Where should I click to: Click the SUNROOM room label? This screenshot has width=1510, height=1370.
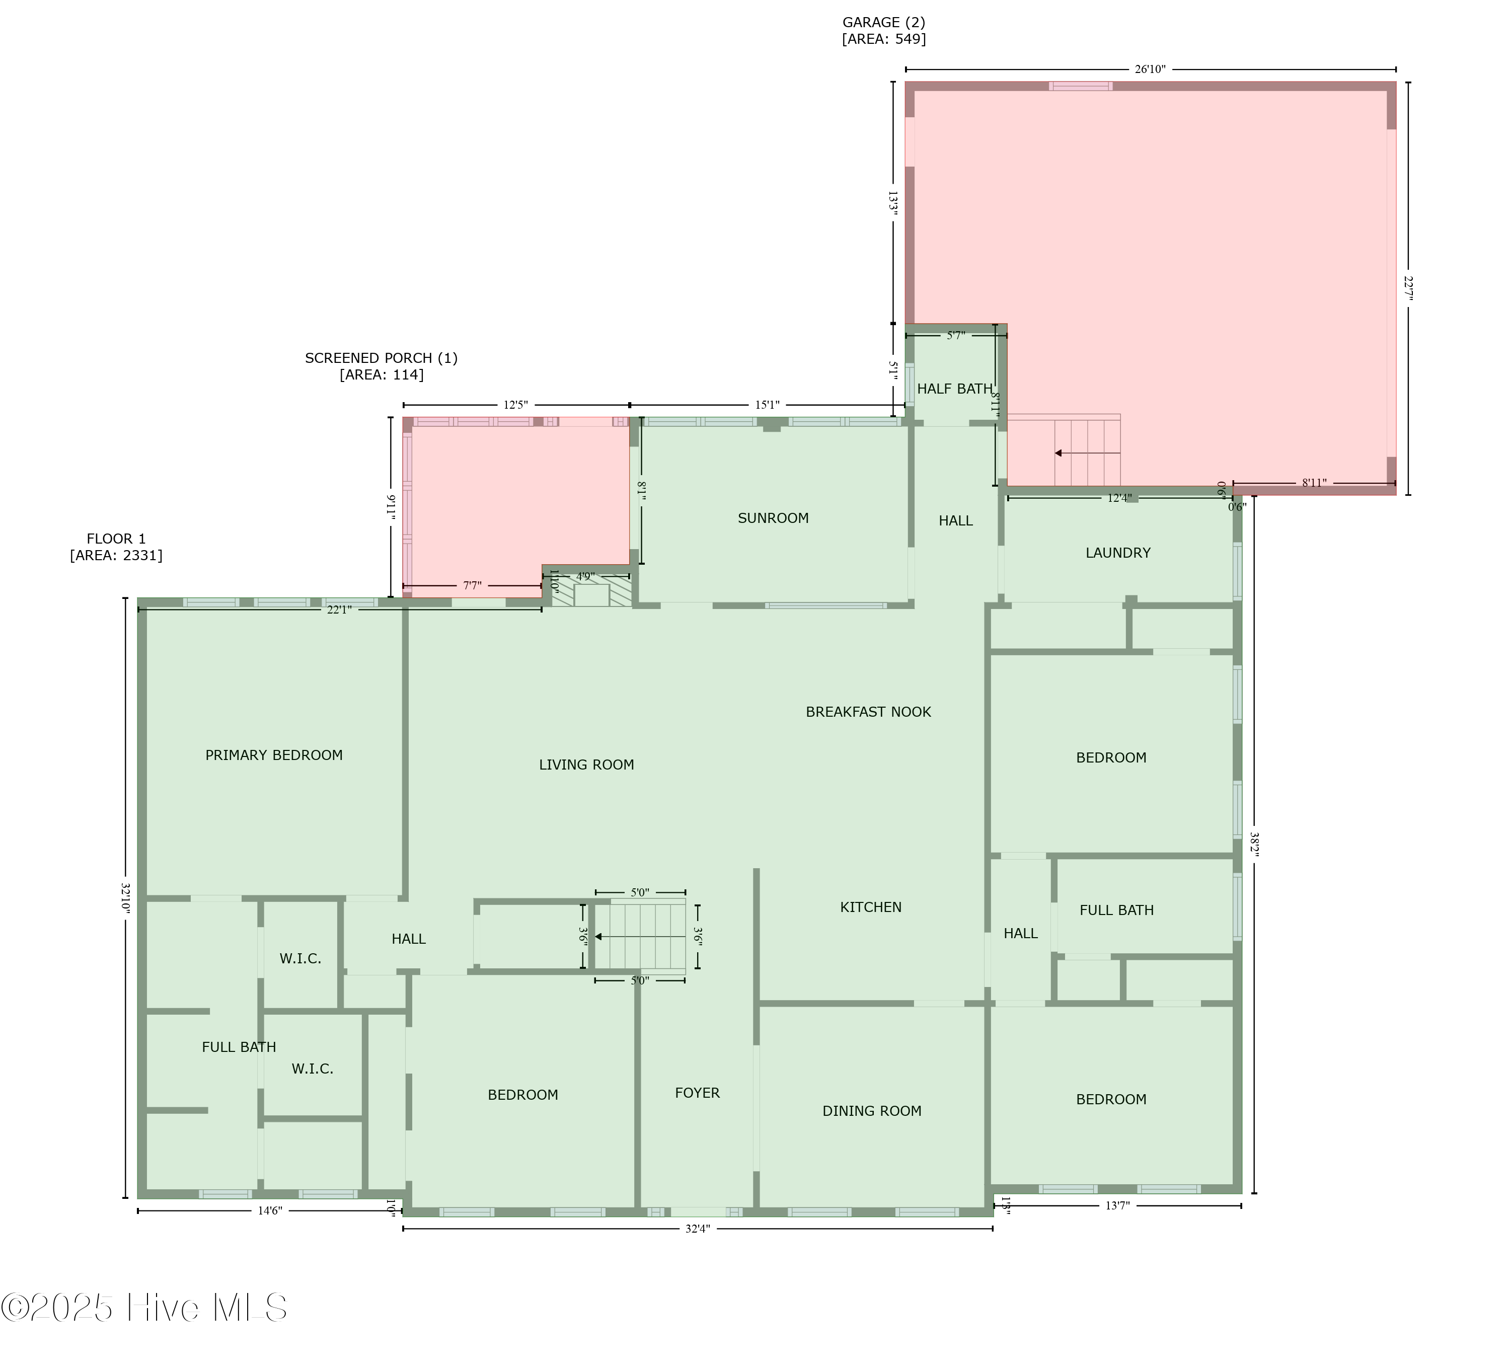(773, 518)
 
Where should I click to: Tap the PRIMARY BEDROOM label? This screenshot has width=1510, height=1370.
(274, 755)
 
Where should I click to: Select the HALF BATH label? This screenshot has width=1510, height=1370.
(954, 389)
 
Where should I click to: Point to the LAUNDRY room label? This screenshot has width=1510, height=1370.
(1117, 553)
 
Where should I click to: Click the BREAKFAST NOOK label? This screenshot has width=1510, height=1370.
(868, 712)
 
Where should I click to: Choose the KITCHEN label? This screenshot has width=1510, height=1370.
(870, 907)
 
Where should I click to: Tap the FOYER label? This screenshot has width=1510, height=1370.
(697, 1093)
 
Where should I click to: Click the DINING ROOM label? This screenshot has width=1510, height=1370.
(872, 1111)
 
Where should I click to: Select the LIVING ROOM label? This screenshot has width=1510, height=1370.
(586, 765)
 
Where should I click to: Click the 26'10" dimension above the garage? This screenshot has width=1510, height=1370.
(1150, 69)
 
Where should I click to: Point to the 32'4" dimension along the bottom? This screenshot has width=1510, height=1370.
(697, 1229)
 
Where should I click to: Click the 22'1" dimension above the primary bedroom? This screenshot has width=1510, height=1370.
(339, 610)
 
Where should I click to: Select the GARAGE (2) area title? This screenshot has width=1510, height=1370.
(884, 31)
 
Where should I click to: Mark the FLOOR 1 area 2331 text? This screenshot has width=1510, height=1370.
(116, 547)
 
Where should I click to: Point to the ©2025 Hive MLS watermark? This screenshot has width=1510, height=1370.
(144, 1307)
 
